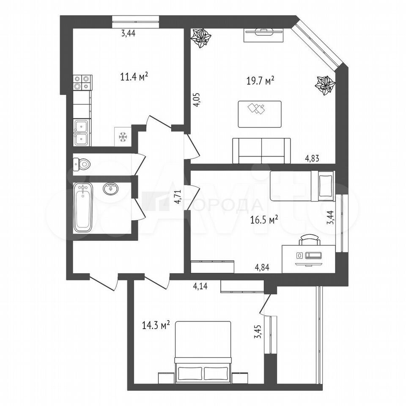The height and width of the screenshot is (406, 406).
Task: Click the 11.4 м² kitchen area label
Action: (x=134, y=77)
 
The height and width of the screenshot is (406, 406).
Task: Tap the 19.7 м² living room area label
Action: (x=261, y=81)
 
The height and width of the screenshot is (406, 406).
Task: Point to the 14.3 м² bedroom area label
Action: (x=156, y=325)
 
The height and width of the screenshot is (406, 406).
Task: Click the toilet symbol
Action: (x=82, y=164)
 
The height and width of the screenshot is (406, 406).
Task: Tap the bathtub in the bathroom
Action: (x=82, y=208)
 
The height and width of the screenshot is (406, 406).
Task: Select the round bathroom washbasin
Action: (x=111, y=189)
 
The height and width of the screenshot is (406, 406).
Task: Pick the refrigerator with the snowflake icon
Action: (x=123, y=137)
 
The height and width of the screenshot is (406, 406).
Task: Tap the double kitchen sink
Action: (x=82, y=132)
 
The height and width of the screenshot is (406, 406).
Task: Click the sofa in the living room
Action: (x=261, y=151)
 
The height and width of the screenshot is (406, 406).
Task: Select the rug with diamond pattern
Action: (x=260, y=114)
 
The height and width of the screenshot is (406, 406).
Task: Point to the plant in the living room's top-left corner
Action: (x=200, y=38)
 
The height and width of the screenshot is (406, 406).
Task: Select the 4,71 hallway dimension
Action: (x=177, y=197)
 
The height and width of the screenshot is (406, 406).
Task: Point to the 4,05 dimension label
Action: (x=197, y=99)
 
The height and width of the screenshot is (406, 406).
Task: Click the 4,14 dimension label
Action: (x=200, y=287)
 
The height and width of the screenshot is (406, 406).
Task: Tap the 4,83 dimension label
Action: (x=312, y=159)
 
